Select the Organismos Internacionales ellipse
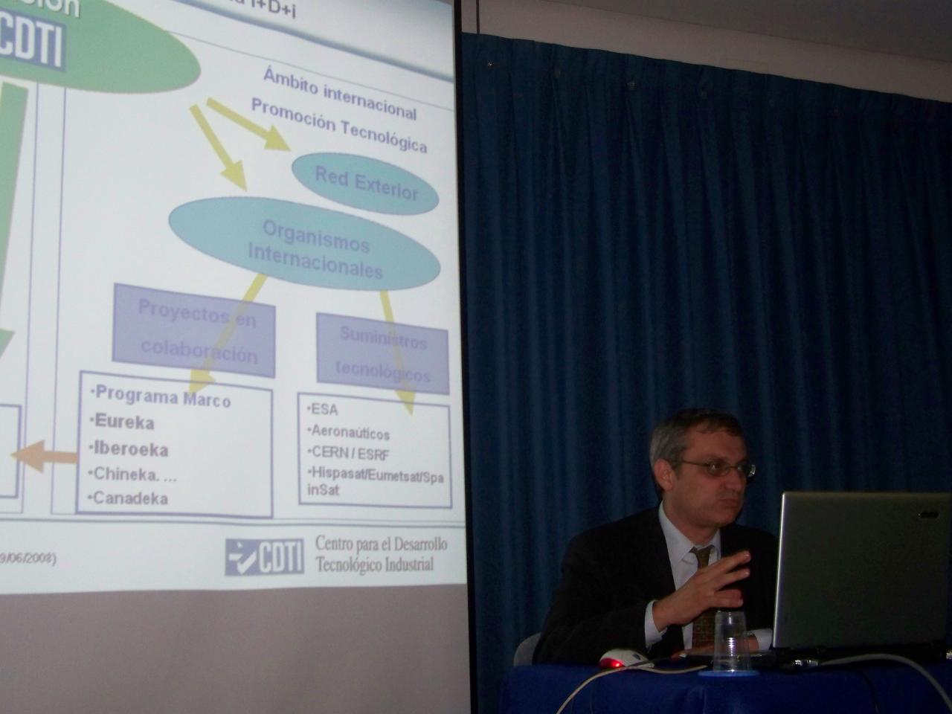click(x=305, y=245)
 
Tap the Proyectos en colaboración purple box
click(x=195, y=330)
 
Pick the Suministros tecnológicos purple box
click(x=382, y=353)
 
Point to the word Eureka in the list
click(x=124, y=422)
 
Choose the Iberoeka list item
click(x=131, y=449)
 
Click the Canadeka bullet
click(x=130, y=498)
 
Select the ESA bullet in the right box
click(x=324, y=410)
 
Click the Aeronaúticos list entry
click(x=350, y=431)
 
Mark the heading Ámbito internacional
click(x=339, y=94)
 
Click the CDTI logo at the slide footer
click(x=265, y=556)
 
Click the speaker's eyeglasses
click(x=714, y=468)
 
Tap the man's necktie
click(x=702, y=588)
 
